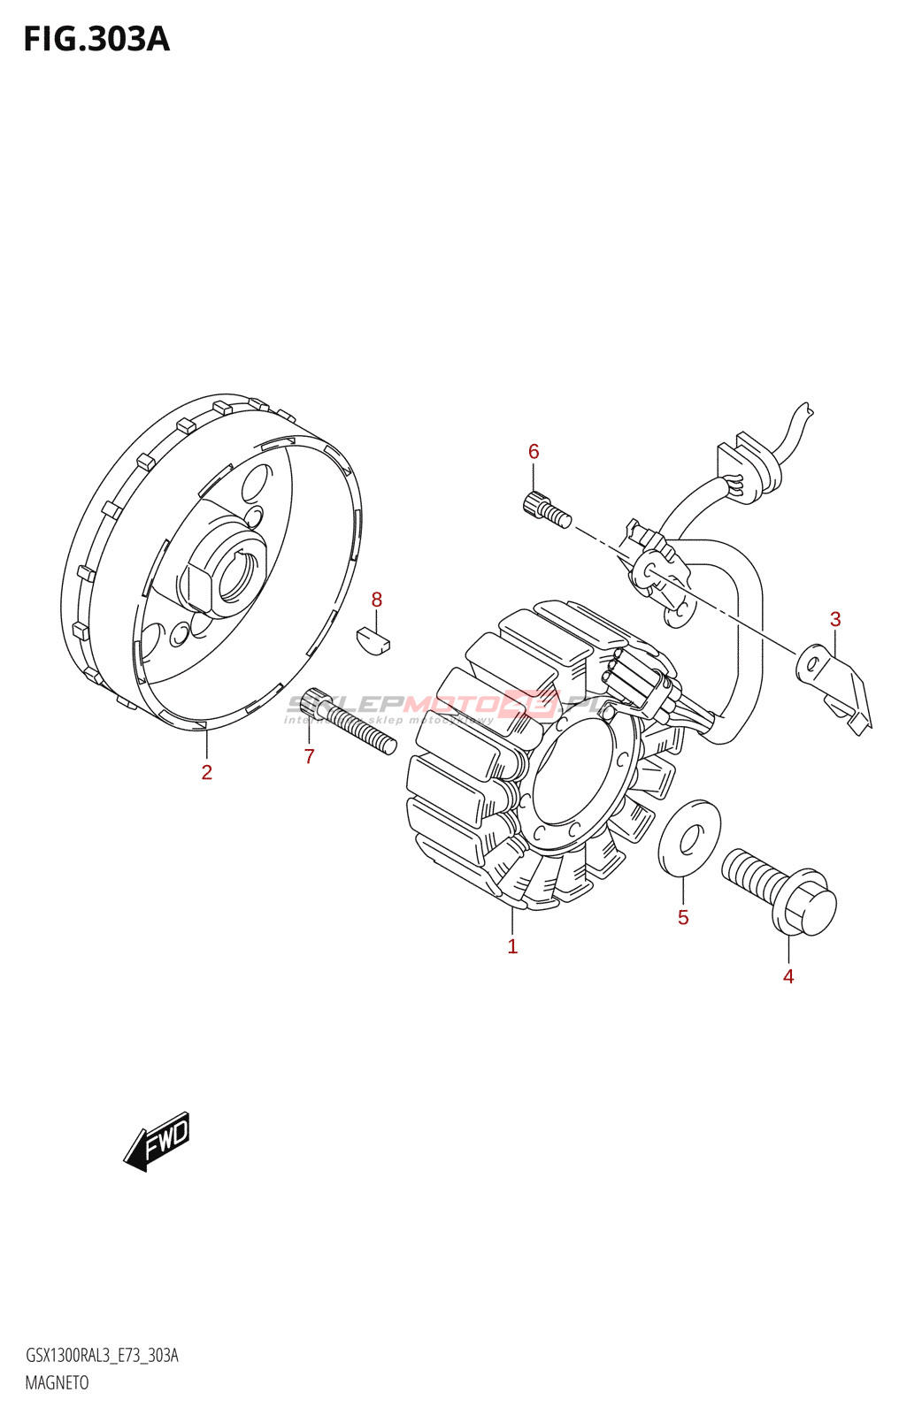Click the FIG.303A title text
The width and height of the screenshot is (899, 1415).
[96, 39]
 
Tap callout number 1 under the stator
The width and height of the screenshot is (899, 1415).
[512, 946]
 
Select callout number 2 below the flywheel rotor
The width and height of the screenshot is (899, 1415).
[206, 772]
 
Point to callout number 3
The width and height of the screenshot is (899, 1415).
[834, 619]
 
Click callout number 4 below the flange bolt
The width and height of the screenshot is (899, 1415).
[788, 976]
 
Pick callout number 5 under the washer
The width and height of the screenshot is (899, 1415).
[683, 917]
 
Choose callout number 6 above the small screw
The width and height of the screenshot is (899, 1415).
[534, 451]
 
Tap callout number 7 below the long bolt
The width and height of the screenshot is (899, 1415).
[309, 756]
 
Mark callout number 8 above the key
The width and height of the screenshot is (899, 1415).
[376, 600]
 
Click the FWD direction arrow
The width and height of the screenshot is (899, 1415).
[158, 1141]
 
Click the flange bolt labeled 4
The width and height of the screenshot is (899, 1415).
[779, 889]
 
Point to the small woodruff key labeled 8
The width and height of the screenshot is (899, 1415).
[373, 640]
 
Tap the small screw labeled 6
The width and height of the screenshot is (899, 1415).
[546, 510]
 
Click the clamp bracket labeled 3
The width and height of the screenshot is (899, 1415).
[835, 686]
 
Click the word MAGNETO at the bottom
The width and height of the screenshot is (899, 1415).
[57, 1382]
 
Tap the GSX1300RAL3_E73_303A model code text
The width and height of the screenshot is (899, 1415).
[102, 1356]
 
